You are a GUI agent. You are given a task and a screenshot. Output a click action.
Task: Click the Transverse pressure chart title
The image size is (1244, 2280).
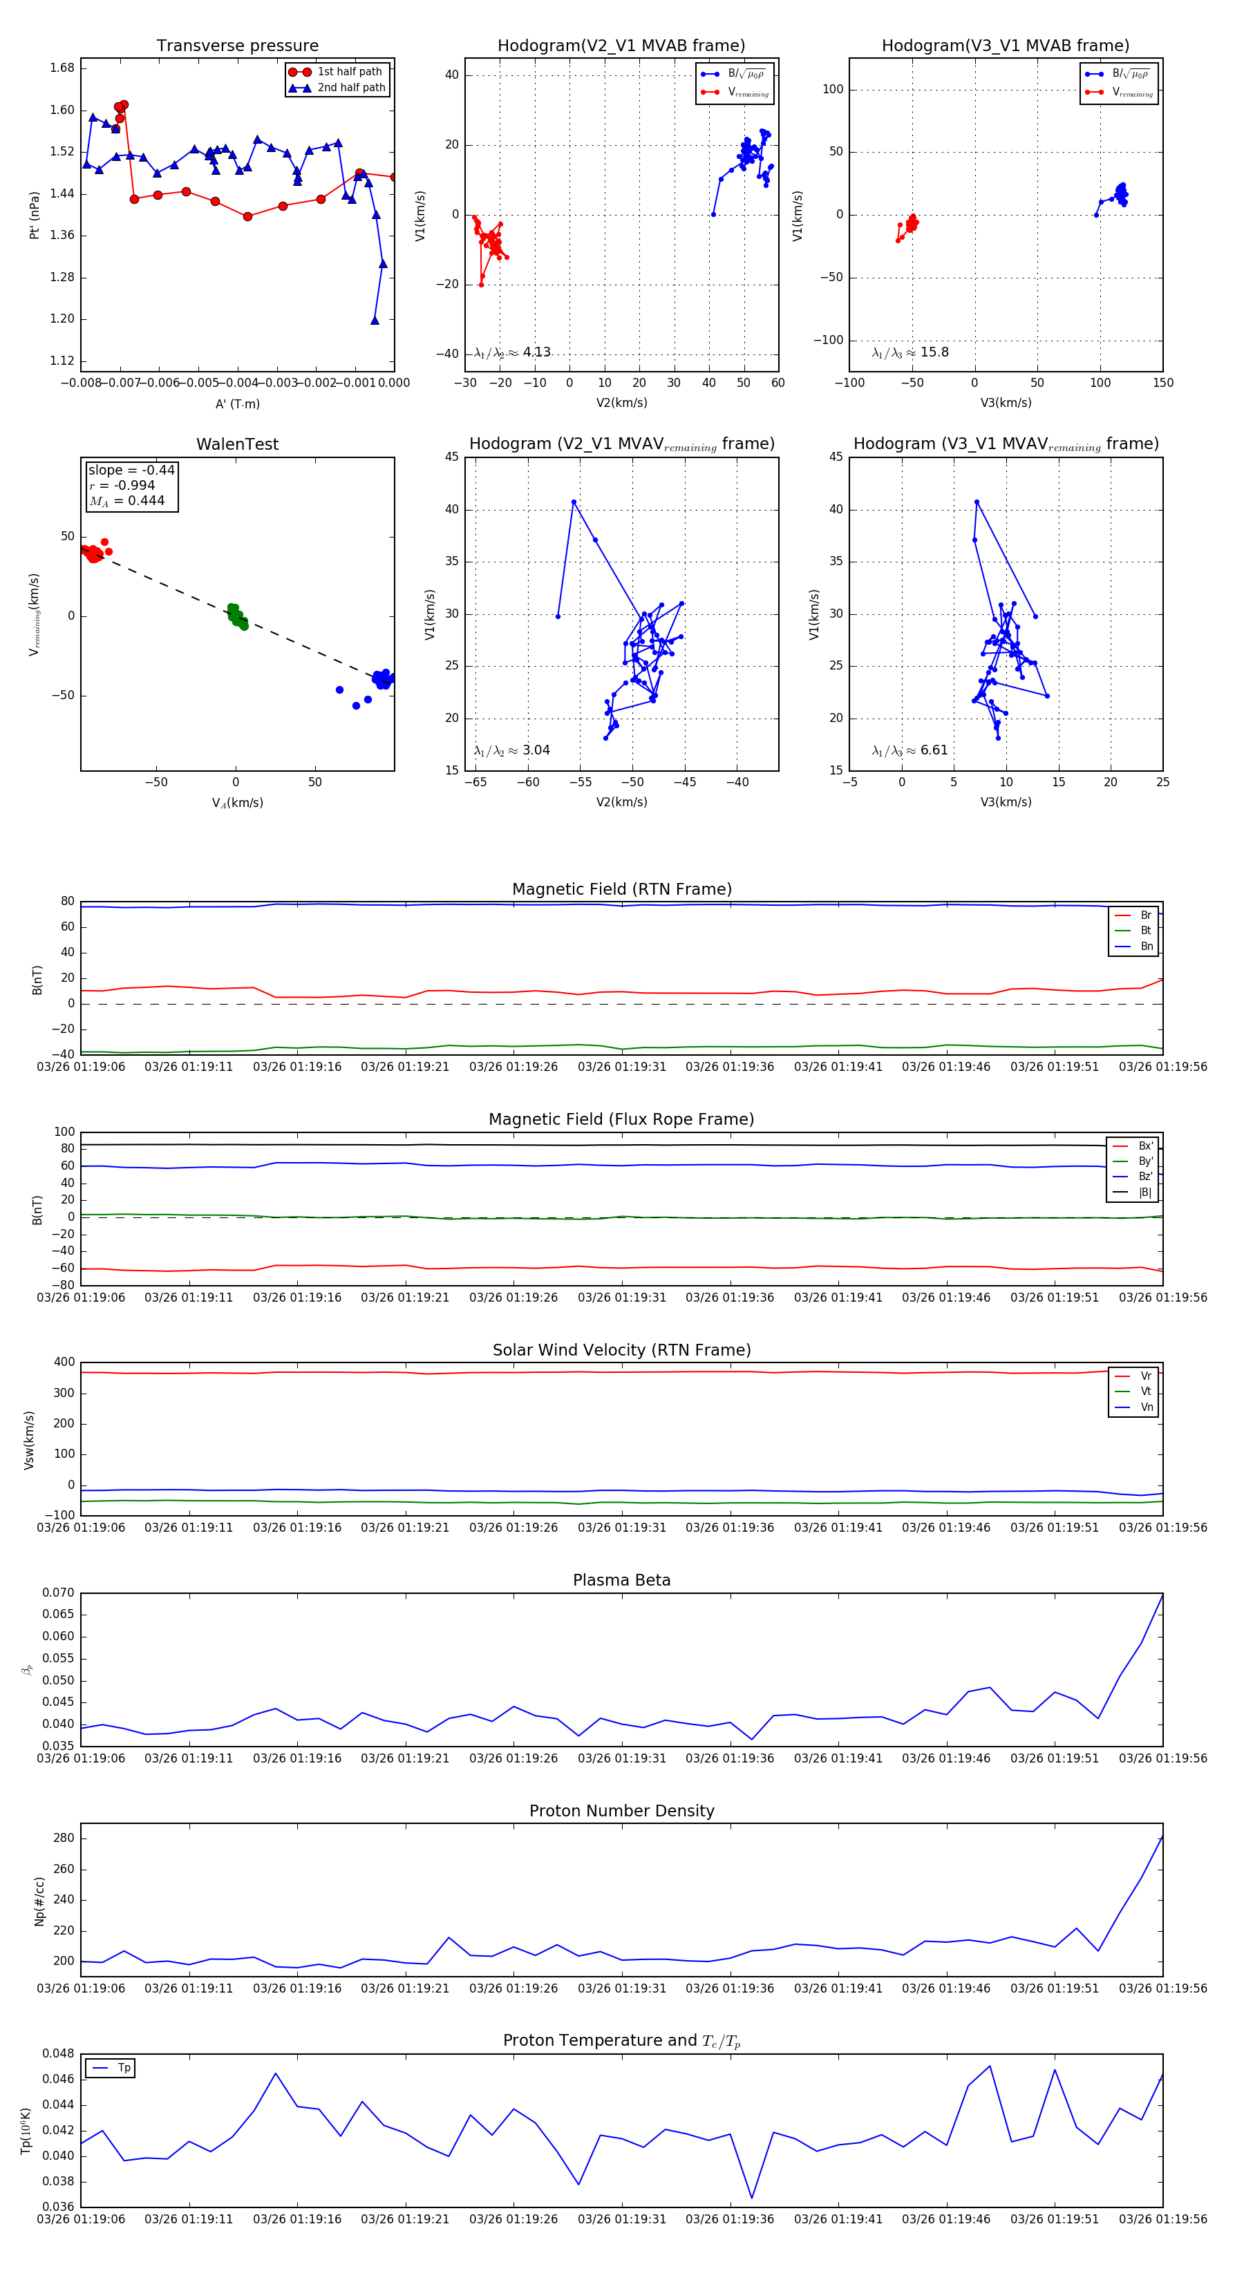[x=237, y=46]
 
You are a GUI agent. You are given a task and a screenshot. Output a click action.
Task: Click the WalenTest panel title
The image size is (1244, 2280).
[x=237, y=444]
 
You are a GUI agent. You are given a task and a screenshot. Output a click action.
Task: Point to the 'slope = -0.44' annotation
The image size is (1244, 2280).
[x=131, y=470]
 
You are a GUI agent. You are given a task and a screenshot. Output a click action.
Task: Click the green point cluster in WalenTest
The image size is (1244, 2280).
[x=236, y=615]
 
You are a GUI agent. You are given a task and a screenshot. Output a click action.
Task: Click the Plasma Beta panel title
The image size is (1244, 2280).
[x=621, y=1581]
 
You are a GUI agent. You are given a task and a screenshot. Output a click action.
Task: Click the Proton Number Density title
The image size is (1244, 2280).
[x=621, y=1811]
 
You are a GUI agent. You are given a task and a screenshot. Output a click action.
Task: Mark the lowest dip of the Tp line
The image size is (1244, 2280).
[x=752, y=2198]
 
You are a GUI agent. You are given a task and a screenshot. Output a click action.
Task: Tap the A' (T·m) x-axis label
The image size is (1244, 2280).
[x=237, y=403]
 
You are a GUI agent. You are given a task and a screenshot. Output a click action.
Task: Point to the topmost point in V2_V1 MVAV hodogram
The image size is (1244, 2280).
[x=574, y=502]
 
